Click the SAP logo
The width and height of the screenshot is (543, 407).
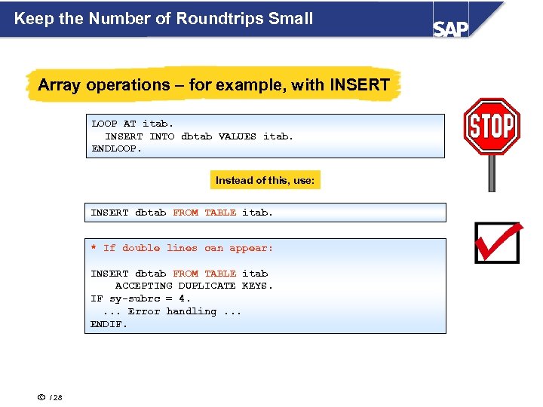pyautogui.click(x=450, y=28)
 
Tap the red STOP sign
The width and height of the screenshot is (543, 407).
pyautogui.click(x=491, y=126)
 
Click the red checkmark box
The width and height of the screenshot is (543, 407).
pyautogui.click(x=497, y=242)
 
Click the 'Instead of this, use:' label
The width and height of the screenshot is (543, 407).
pyautogui.click(x=265, y=180)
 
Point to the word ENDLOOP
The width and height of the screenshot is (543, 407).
pyautogui.click(x=116, y=148)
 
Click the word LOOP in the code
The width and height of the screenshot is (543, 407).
pyautogui.click(x=104, y=124)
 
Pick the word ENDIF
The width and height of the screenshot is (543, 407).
pyautogui.click(x=109, y=324)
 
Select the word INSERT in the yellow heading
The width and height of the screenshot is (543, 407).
pyautogui.click(x=359, y=84)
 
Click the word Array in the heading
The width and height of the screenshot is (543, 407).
pyautogui.click(x=60, y=84)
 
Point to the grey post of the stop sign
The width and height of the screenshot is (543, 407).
pyautogui.click(x=492, y=173)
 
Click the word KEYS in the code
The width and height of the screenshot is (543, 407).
pyautogui.click(x=257, y=286)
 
